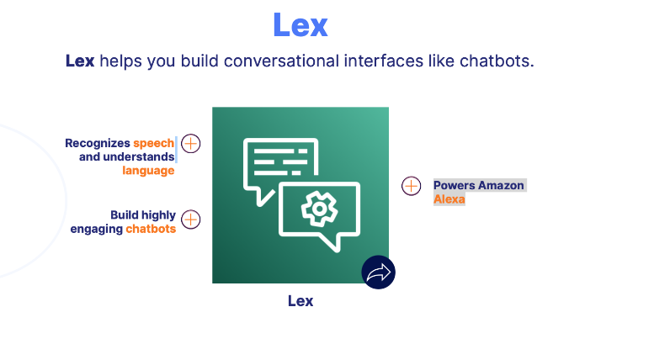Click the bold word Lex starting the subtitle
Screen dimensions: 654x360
(80, 61)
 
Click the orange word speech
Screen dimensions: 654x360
(153, 143)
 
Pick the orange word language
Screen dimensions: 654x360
(148, 170)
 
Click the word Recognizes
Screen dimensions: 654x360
(98, 143)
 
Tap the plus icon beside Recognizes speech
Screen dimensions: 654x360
(191, 143)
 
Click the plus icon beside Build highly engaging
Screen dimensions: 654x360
(191, 220)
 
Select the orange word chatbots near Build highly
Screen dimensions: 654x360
(151, 229)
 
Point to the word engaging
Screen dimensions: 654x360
(96, 229)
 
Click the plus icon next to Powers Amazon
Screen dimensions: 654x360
(411, 186)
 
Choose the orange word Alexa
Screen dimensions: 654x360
(449, 199)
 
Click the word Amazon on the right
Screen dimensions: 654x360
(502, 185)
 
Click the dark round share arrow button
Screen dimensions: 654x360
(378, 272)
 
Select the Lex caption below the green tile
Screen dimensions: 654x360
(300, 300)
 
